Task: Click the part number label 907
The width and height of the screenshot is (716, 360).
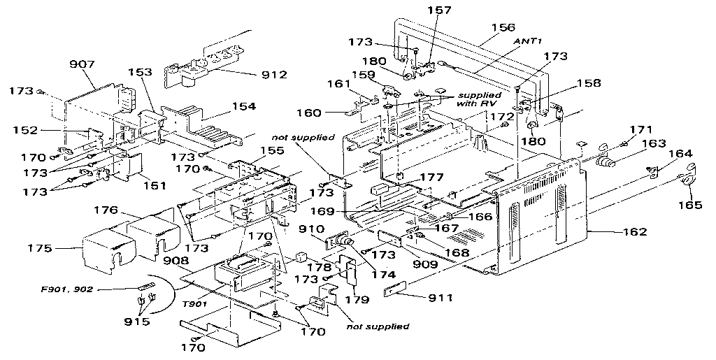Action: [x=83, y=64]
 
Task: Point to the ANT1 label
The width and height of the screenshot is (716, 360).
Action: [x=529, y=42]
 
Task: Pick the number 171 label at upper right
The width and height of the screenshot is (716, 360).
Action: [x=640, y=129]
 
